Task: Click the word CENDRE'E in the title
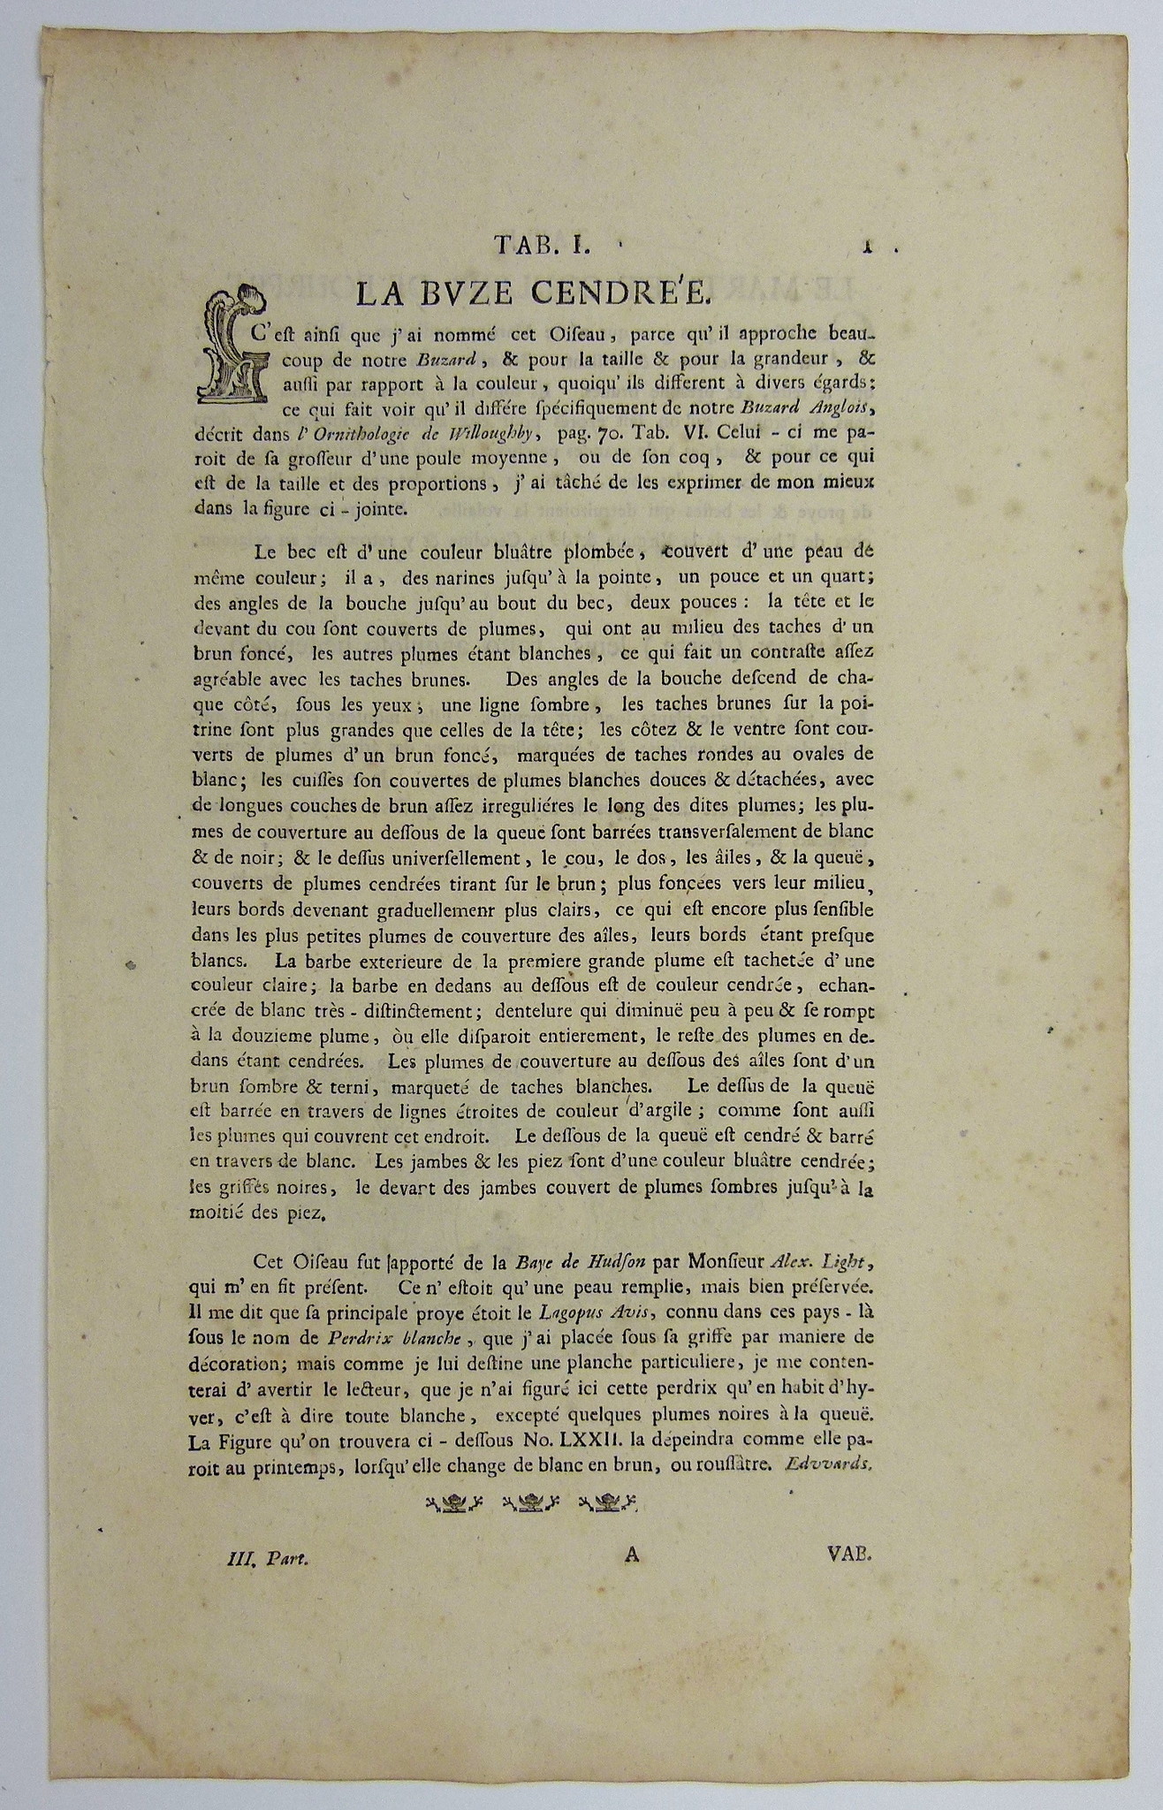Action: point(624,293)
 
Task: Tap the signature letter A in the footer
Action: point(631,1555)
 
